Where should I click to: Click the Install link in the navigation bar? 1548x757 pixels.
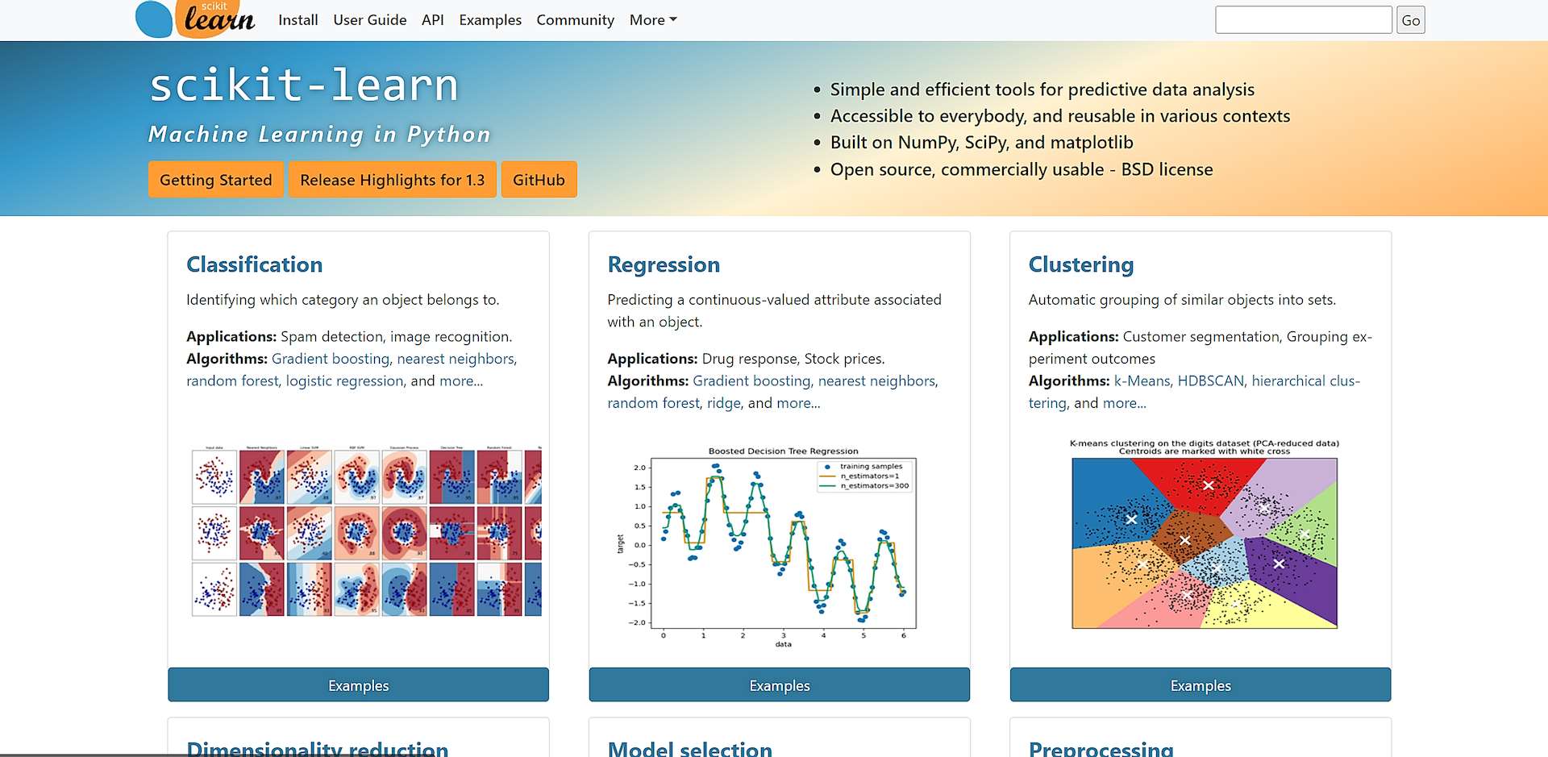(298, 20)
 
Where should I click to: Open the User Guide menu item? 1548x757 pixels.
(369, 20)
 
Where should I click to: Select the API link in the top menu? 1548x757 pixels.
(432, 20)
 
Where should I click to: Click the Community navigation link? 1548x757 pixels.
(575, 20)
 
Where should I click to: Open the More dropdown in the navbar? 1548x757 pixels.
(652, 20)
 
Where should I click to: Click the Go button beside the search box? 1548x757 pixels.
(1410, 20)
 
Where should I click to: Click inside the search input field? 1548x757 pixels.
(1303, 20)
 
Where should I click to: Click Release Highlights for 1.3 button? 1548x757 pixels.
(392, 180)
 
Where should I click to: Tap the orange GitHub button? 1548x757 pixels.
(539, 180)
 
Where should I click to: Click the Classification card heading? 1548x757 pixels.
(254, 264)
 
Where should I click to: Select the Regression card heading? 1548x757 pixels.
(663, 264)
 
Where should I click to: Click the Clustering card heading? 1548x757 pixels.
(1080, 264)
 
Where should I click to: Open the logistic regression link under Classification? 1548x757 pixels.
(344, 381)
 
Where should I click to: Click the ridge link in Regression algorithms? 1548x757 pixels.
(723, 403)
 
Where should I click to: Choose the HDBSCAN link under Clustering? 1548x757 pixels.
(1210, 381)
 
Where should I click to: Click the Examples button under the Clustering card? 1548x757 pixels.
(1200, 685)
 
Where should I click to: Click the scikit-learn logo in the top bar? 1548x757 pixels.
(195, 19)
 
